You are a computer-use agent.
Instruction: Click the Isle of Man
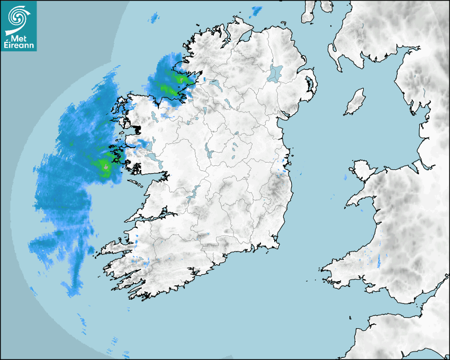pyautogui.click(x=355, y=102)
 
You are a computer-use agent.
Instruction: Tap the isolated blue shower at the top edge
pyautogui.click(x=257, y=10)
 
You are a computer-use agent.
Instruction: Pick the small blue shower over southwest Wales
pyautogui.click(x=379, y=260)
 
